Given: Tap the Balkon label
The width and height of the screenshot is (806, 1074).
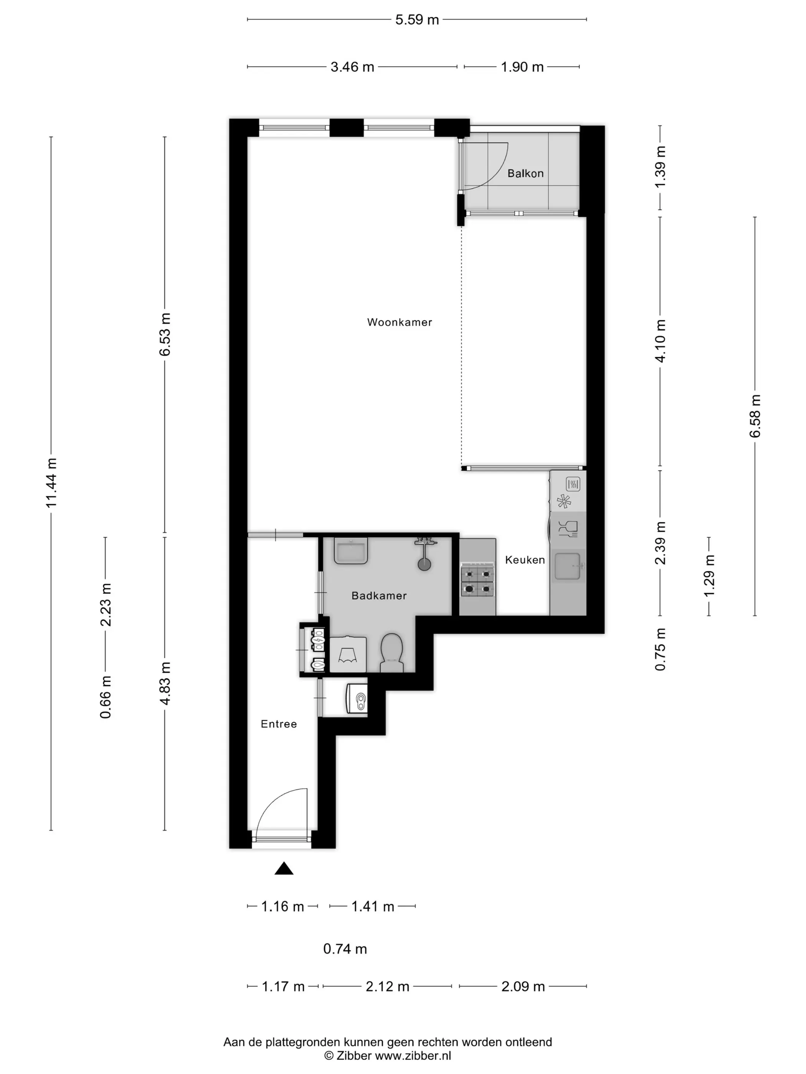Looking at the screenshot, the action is [x=525, y=173].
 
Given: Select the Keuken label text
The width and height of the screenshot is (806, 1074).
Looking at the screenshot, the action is [x=525, y=560].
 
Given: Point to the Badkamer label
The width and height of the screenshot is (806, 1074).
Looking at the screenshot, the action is [x=379, y=596].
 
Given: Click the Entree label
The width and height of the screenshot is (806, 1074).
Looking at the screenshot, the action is [x=278, y=724].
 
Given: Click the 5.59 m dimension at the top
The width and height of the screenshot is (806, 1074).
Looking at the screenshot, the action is [x=417, y=20].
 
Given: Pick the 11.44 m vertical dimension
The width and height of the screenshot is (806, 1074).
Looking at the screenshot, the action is [x=51, y=483].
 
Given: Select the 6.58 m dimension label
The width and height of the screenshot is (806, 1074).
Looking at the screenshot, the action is [x=755, y=416].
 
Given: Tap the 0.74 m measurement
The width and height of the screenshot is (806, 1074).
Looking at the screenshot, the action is [x=345, y=949].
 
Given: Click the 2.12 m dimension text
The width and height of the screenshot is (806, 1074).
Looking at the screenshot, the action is [x=387, y=987].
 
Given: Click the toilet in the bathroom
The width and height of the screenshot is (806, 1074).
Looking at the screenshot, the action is [x=391, y=652].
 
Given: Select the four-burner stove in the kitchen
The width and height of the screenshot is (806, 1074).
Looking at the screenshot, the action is [x=477, y=581].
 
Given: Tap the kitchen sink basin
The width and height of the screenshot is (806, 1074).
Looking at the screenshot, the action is [x=567, y=566].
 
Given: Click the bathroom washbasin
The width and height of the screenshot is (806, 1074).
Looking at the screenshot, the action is [x=351, y=550].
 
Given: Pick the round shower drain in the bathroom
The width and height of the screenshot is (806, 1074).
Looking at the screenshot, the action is [x=424, y=564].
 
